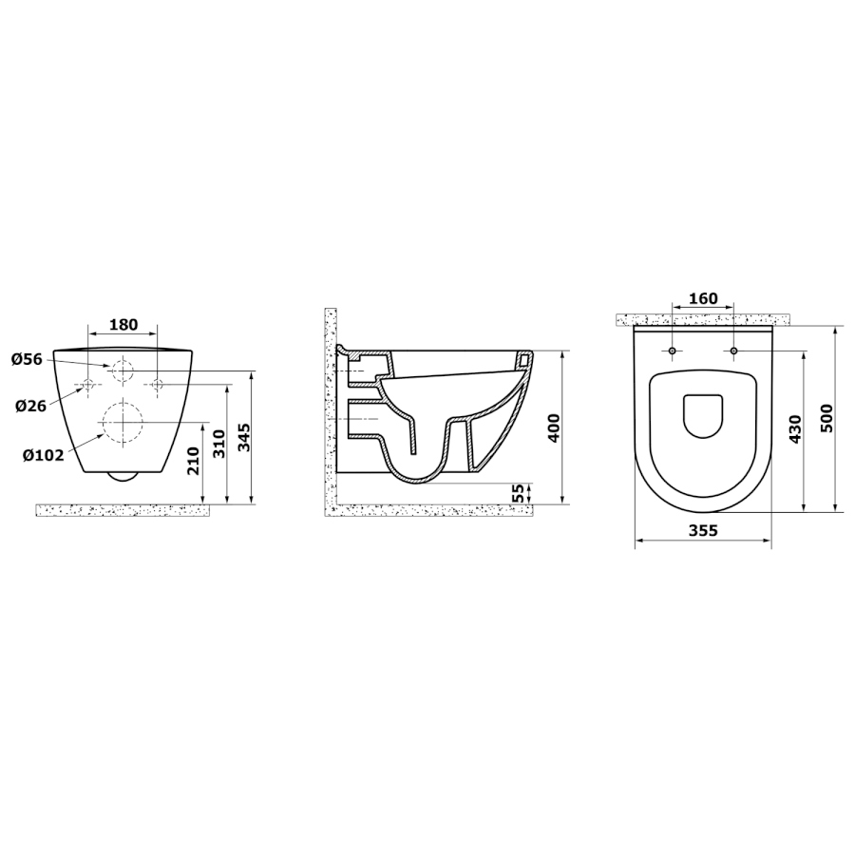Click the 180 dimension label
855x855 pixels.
click(x=123, y=325)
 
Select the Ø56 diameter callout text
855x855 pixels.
click(x=27, y=359)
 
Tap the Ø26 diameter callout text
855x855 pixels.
click(x=31, y=406)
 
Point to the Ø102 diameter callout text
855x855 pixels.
click(x=43, y=454)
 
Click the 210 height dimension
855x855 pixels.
click(x=194, y=460)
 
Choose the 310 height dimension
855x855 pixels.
click(x=218, y=444)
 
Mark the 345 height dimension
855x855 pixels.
click(x=243, y=437)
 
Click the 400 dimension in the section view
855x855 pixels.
click(x=553, y=428)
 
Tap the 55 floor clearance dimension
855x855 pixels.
click(x=519, y=493)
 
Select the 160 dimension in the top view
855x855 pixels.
click(x=703, y=299)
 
